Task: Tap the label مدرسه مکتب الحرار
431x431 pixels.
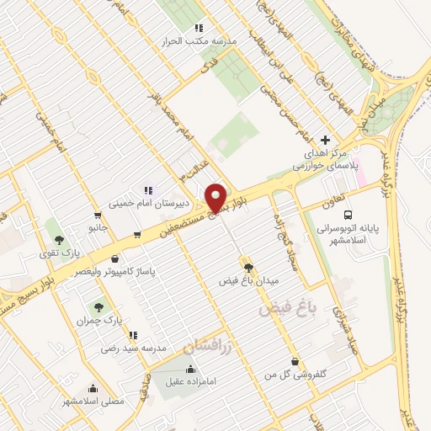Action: (202, 40)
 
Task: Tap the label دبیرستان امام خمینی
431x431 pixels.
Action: (141, 203)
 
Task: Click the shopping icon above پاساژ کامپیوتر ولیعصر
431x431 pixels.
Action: (114, 260)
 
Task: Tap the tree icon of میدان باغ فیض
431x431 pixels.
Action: (247, 268)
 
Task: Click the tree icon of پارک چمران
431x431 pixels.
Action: (98, 308)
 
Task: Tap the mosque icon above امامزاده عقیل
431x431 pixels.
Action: (191, 368)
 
